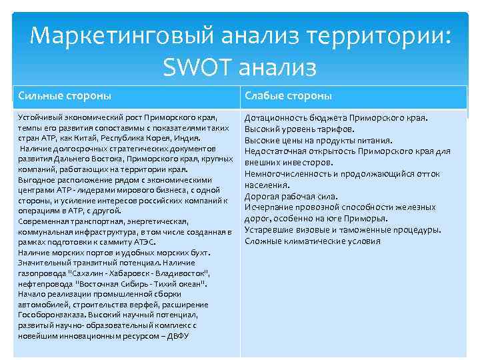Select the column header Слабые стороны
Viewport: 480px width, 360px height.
[288, 96]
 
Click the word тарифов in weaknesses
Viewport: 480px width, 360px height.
[334, 129]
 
